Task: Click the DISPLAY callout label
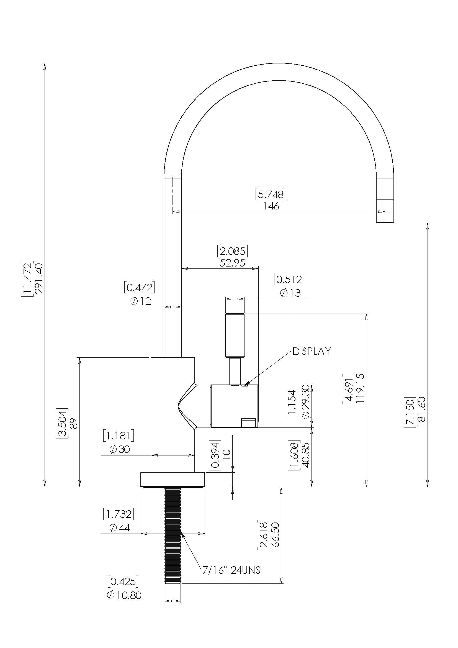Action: pyautogui.click(x=311, y=351)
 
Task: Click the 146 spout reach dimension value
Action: pyautogui.click(x=271, y=206)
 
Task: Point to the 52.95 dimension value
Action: pyautogui.click(x=232, y=263)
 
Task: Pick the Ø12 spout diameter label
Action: pyautogui.click(x=141, y=301)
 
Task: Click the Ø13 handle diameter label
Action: pyautogui.click(x=290, y=293)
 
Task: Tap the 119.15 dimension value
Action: pyautogui.click(x=360, y=388)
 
